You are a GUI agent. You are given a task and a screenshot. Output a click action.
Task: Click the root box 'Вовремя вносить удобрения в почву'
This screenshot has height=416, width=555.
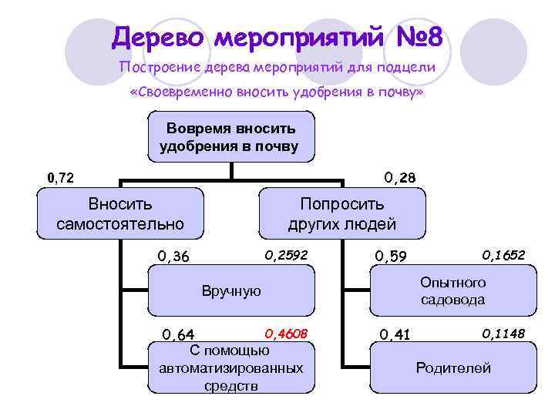coord(229,136)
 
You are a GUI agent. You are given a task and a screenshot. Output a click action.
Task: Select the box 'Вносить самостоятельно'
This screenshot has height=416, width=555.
coord(120,213)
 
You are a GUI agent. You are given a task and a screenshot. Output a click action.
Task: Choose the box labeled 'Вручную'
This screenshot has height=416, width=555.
coord(231,291)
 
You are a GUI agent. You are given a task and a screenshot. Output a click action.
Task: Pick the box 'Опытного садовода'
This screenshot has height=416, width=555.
coord(452,291)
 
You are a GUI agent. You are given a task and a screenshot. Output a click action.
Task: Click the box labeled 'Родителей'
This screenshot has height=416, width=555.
coord(452,367)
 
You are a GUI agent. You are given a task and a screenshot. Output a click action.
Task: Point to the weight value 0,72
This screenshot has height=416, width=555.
coord(61,179)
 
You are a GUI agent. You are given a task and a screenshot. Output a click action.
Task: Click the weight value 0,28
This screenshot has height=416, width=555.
coord(399,178)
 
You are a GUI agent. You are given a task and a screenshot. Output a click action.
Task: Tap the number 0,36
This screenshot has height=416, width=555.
coord(173,256)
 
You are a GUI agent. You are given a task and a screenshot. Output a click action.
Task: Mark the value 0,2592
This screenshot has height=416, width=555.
coord(285,254)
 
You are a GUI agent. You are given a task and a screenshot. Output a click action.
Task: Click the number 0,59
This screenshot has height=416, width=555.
coord(391,256)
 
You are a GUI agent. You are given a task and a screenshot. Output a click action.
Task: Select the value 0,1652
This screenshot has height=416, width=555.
coord(503,254)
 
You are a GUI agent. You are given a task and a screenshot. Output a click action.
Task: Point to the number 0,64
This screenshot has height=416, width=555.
coord(177,334)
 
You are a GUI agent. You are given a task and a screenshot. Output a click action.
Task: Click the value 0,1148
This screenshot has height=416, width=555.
coord(503,333)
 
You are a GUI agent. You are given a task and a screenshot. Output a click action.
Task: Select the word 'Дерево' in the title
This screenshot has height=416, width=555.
coord(160,36)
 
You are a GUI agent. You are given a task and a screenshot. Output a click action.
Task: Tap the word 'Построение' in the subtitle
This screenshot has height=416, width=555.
coord(160,68)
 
